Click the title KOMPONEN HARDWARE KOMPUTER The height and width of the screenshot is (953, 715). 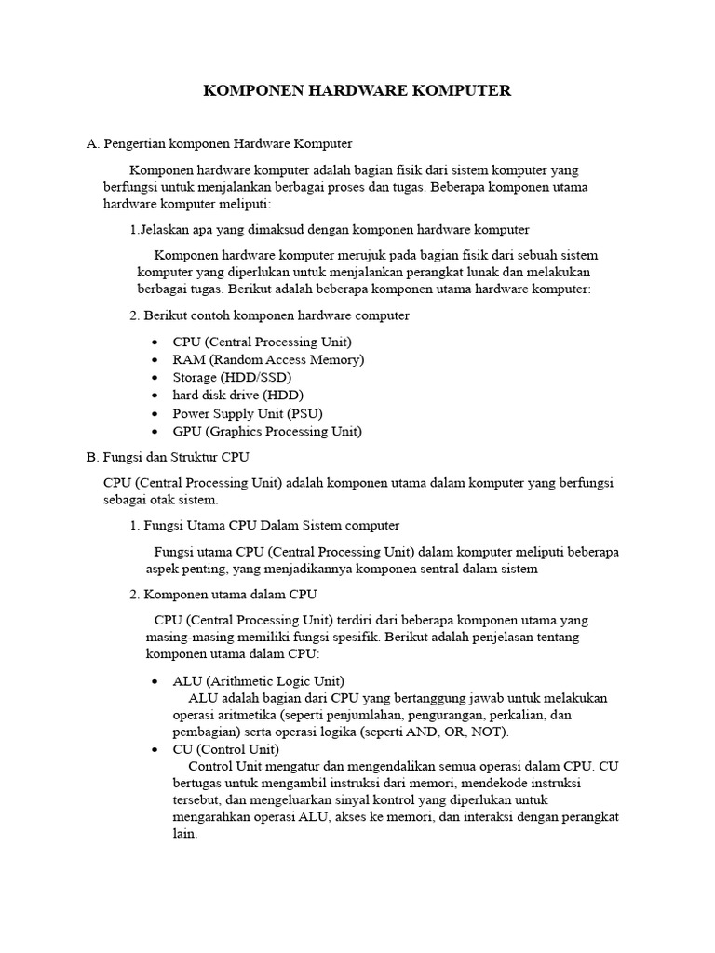click(357, 91)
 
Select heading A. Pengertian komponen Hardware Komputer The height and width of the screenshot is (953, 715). click(219, 144)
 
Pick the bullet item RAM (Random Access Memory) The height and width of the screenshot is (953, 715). click(268, 359)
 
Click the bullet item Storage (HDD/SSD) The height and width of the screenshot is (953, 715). click(232, 377)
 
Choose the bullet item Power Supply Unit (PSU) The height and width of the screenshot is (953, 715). click(248, 412)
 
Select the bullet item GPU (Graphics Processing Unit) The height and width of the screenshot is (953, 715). click(267, 431)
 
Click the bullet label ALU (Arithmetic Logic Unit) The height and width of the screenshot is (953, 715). click(258, 680)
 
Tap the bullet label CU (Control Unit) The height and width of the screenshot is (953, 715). click(225, 748)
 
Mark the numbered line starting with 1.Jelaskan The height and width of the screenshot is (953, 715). click(330, 229)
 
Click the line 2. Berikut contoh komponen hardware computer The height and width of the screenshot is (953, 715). click(269, 315)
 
